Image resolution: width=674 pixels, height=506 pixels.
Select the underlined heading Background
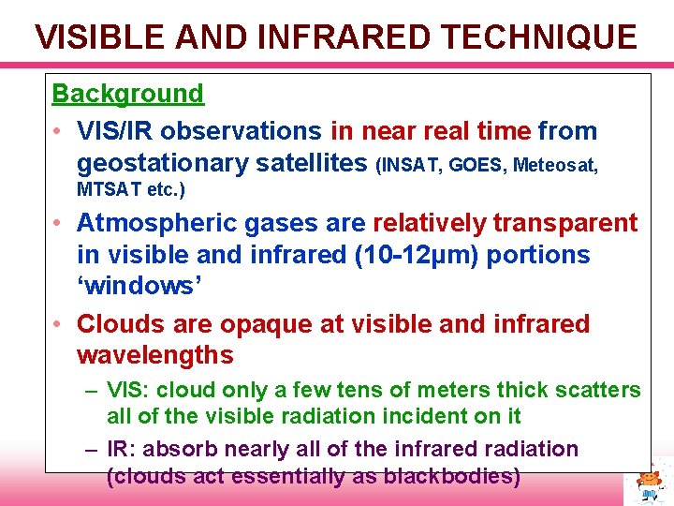127,94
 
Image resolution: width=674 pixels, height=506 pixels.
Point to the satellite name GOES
476,166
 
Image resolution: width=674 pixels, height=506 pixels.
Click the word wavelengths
154,356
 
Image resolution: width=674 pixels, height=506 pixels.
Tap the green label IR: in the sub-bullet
122,450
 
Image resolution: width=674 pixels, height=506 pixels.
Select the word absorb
174,450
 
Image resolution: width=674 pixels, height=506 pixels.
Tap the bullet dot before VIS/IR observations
58,131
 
